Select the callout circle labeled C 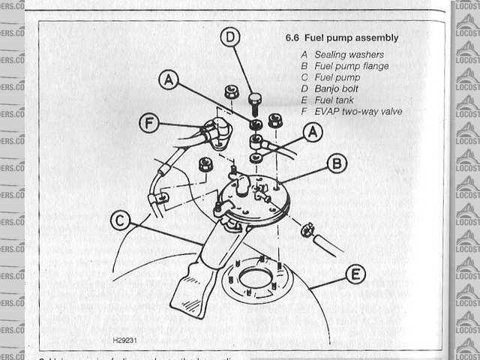(x=120, y=220)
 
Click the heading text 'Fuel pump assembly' (x=352, y=37)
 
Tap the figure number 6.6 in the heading (x=294, y=37)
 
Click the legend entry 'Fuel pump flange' (x=351, y=66)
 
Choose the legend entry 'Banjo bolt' (x=339, y=88)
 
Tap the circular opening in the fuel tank (x=253, y=280)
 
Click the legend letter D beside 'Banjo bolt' (x=304, y=88)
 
